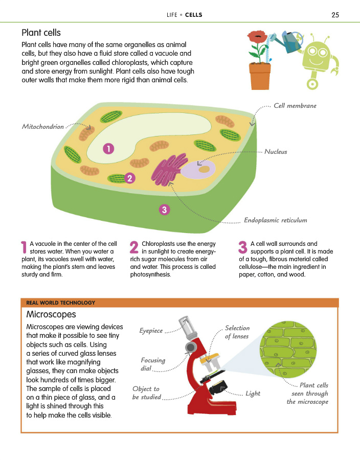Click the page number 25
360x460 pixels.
[335, 15]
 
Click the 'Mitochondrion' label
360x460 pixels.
[43, 126]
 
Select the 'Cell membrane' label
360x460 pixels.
[295, 106]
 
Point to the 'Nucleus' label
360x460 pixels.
[276, 152]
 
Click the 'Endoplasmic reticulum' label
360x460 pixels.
[275, 220]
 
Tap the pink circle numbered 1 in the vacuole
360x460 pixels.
[108, 148]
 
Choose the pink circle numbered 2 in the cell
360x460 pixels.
[130, 178]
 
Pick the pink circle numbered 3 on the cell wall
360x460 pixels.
[164, 209]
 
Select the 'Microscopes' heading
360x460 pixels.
[51, 314]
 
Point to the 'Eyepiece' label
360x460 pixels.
[151, 331]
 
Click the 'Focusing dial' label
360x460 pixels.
[153, 364]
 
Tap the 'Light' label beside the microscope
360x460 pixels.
[253, 393]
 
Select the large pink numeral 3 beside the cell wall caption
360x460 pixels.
[243, 247]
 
